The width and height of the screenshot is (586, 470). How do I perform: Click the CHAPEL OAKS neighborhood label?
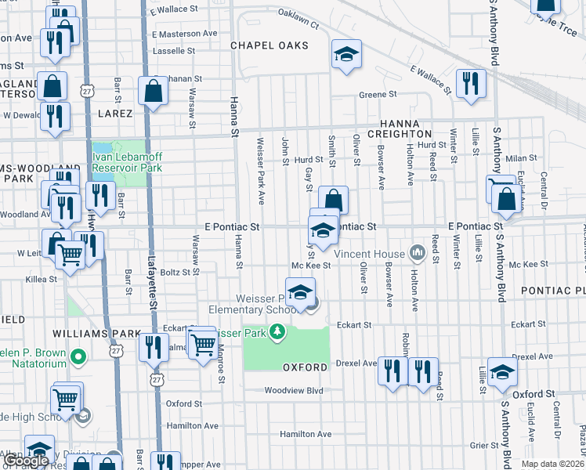pyautogui.click(x=269, y=45)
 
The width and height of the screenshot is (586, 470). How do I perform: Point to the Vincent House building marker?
pyautogui.click(x=417, y=253)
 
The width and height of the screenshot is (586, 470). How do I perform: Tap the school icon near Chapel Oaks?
pyautogui.click(x=346, y=55)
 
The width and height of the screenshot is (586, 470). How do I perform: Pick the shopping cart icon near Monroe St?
pyautogui.click(x=203, y=342)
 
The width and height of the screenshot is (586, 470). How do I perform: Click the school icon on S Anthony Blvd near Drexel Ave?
pyautogui.click(x=502, y=372)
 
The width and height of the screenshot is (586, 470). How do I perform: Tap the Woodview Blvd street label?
pyautogui.click(x=294, y=390)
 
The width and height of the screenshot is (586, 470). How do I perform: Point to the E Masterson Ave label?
pyautogui.click(x=184, y=34)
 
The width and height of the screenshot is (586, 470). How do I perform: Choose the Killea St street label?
pyautogui.click(x=41, y=278)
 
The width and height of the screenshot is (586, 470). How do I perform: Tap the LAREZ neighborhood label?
pyautogui.click(x=114, y=113)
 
